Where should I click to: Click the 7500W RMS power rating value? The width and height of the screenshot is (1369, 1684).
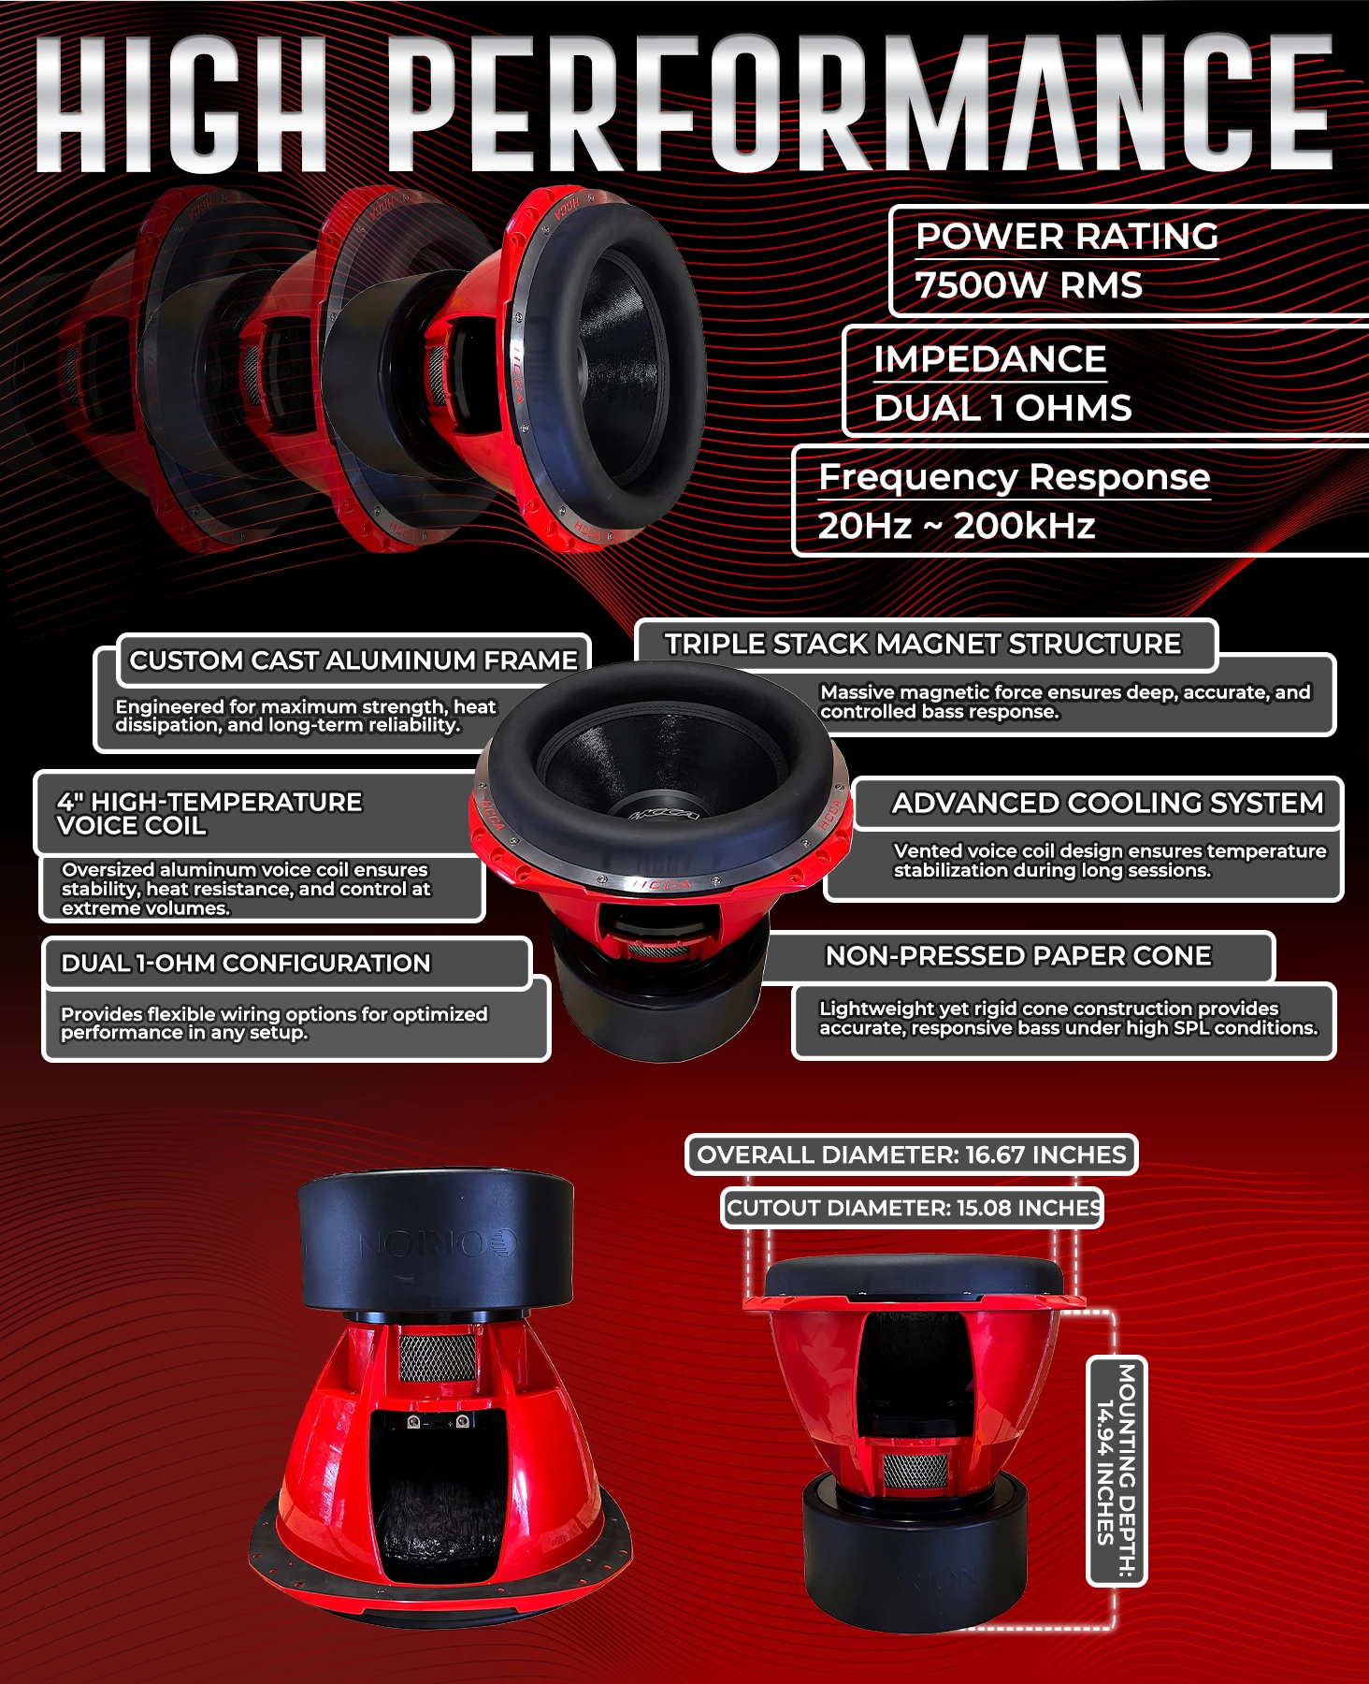point(1029,285)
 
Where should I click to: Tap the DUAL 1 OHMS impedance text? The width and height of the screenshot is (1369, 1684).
point(1002,408)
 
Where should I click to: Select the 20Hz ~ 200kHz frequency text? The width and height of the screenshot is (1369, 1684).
point(956,526)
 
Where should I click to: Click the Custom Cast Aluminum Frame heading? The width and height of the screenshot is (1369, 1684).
point(353,661)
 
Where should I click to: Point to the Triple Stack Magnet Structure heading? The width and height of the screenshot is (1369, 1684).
point(923,644)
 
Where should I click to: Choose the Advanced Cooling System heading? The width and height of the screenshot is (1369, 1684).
point(1108,803)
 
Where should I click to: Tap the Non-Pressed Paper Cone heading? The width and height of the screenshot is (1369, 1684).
point(1018,955)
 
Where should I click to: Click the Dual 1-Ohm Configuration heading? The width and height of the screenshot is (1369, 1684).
point(246,963)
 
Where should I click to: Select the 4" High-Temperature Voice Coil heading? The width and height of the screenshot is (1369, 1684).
point(209,814)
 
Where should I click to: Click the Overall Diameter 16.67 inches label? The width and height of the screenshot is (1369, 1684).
point(912,1154)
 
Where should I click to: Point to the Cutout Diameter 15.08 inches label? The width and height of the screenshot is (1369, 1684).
point(913,1208)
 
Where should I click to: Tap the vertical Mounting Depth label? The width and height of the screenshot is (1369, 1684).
point(1117,1471)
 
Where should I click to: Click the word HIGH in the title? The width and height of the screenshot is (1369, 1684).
point(181,105)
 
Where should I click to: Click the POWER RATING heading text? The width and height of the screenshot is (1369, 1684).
point(1067,237)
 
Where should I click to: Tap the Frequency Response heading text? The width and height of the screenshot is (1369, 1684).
point(1015,477)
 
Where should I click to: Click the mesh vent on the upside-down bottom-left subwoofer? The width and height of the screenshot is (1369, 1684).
point(438,1357)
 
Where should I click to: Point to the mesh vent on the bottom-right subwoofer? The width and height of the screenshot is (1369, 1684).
point(915,1472)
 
